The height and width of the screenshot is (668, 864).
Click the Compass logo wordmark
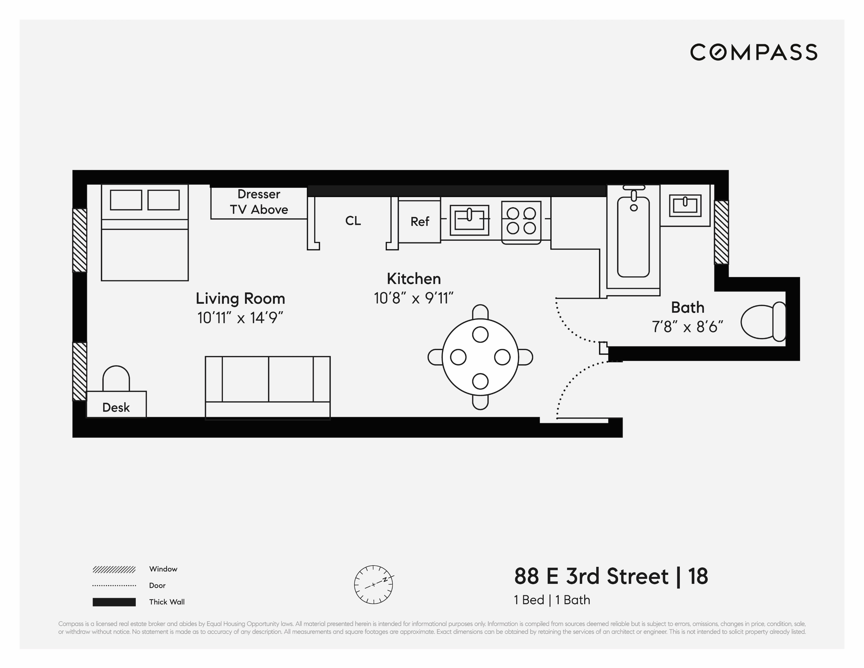754,53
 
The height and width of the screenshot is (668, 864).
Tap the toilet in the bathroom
762,322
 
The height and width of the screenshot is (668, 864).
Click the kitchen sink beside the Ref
469,220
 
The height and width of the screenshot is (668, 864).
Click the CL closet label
353,221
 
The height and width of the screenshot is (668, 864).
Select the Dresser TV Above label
259,202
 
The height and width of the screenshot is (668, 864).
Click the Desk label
116,407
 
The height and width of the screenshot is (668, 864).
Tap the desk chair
116,378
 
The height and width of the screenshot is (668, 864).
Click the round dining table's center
480,357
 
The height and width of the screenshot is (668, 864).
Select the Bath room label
687,307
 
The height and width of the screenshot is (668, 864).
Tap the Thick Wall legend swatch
114,602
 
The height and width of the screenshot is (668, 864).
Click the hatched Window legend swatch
114,569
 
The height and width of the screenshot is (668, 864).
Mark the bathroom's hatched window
721,232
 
